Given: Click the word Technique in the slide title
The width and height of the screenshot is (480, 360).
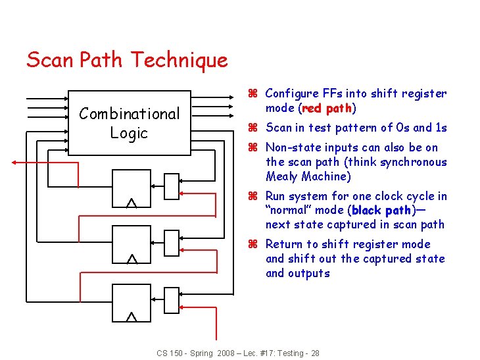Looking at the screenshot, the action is point(180,61).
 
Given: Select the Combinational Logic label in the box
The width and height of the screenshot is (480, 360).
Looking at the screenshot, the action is point(129,123).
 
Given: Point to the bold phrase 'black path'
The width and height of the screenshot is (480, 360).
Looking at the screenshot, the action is point(381,211).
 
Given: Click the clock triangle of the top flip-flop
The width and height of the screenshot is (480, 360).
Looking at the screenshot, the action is point(132,203).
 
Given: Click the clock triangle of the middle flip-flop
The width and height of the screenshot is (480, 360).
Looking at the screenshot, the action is point(132,259).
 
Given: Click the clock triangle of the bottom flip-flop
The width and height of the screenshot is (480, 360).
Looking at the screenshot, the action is point(132,317).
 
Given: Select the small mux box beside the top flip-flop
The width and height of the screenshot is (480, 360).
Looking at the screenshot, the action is point(170,186).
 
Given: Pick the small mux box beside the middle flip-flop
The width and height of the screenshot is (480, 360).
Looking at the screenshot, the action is point(170,243).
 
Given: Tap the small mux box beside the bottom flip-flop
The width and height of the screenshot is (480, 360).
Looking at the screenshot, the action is point(170,301).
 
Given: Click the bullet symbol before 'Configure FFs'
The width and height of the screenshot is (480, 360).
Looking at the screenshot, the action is point(252,94).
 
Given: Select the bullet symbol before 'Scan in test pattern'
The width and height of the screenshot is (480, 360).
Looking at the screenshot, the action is point(252,128).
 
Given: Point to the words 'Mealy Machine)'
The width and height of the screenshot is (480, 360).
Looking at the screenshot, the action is point(308,176).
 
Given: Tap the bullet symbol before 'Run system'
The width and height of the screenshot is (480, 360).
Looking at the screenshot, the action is point(252,196).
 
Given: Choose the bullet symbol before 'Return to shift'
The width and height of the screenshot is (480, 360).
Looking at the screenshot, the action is point(252,244).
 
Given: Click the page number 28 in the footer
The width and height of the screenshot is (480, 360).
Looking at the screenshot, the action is point(315,353).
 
